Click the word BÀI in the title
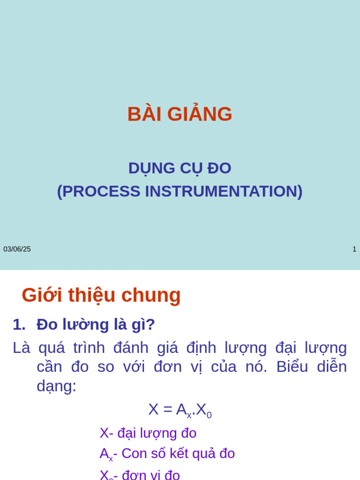(143, 114)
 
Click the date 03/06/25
(17, 249)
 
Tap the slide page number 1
(354, 249)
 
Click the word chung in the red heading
(151, 295)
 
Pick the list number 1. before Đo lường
(19, 324)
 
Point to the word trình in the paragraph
(89, 348)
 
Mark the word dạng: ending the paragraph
(56, 386)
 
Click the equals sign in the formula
(167, 409)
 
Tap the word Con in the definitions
(135, 453)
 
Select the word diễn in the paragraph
(332, 367)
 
